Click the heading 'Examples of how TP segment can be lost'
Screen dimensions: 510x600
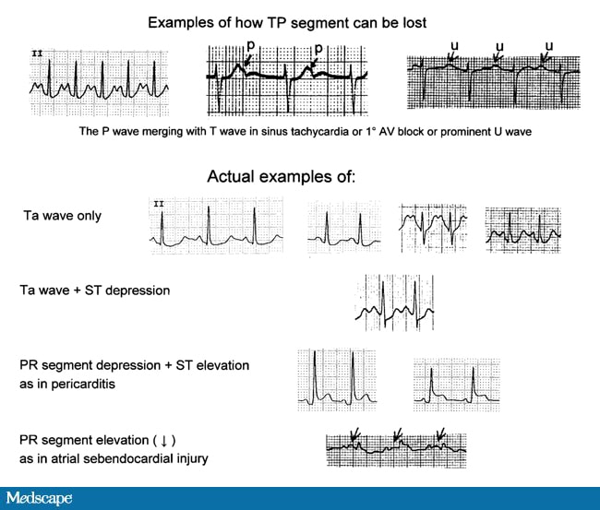[x=300, y=21]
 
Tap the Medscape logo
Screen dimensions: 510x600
[x=41, y=498]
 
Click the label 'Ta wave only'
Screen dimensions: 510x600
[x=63, y=216]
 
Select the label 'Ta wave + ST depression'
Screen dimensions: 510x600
[x=95, y=291]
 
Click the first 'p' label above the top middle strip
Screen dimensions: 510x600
[x=251, y=43]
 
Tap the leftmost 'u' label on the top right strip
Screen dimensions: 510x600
[x=453, y=44]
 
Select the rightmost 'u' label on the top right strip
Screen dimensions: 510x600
[x=550, y=44]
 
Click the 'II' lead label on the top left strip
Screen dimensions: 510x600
[x=38, y=53]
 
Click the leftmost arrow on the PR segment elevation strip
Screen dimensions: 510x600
[x=354, y=433]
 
